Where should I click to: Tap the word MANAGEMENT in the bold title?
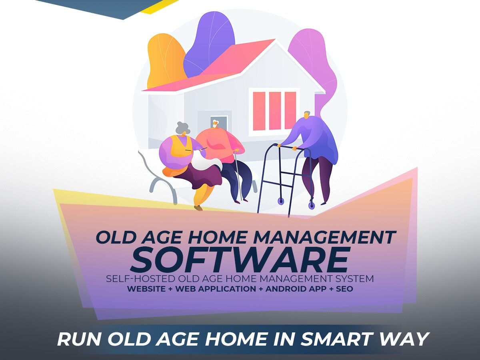(324, 237)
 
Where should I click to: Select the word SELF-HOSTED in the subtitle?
(141, 279)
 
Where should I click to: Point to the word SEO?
(345, 289)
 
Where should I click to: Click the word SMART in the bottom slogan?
(337, 340)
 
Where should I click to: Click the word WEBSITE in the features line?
(146, 289)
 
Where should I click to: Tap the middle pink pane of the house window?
(275, 111)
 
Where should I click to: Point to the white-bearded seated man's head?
(215, 124)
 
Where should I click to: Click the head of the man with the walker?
(307, 115)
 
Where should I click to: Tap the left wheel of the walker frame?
(280, 201)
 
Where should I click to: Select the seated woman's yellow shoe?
(198, 208)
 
